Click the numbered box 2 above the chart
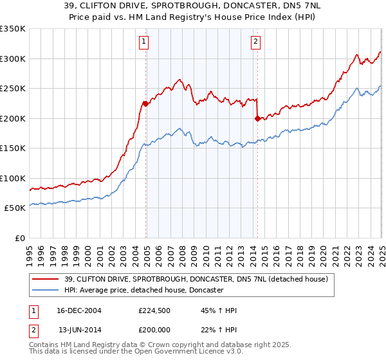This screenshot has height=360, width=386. point(255,42)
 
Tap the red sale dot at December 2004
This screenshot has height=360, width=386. point(146,103)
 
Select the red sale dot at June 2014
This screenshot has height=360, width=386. point(257,118)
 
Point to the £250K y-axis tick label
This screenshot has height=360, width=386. point(13,88)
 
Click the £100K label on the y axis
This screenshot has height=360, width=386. point(13,178)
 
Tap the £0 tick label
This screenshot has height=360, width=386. point(21,238)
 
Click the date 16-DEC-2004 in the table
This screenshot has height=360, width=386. point(80,310)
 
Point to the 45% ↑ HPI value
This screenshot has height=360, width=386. point(218,310)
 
